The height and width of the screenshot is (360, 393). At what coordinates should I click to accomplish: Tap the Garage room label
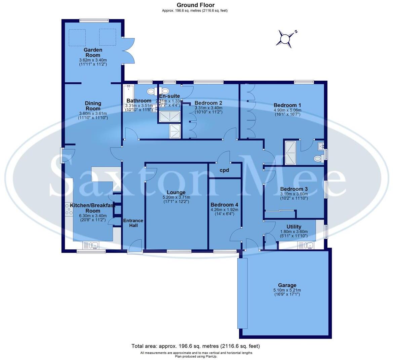(x=284, y=285)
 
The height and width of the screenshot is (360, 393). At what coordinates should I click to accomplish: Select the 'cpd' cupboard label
(x=224, y=170)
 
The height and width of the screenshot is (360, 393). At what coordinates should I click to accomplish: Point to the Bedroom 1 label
(x=285, y=105)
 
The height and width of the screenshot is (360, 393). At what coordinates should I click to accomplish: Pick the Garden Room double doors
(x=128, y=50)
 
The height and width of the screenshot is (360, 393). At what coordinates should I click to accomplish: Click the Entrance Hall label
(x=133, y=223)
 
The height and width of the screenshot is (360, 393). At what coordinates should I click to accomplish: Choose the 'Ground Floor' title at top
(x=195, y=5)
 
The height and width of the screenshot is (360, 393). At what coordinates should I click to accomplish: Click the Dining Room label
(x=93, y=106)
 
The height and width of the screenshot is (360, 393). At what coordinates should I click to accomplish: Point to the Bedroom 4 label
(x=224, y=205)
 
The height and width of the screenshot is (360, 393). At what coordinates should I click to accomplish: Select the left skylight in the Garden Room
(x=77, y=37)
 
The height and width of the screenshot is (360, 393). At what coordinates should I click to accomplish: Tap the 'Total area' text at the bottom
(x=195, y=346)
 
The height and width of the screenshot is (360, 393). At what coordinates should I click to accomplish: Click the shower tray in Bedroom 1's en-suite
(x=290, y=153)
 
